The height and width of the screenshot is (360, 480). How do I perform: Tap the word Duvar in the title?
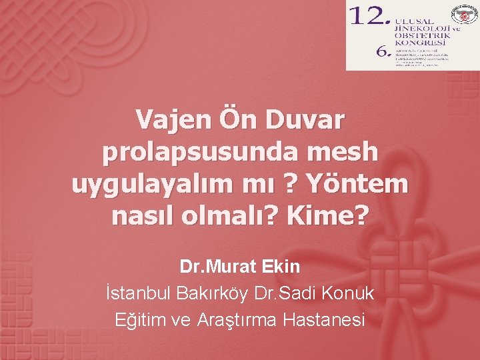click(307, 121)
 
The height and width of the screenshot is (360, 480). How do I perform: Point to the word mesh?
click(345, 153)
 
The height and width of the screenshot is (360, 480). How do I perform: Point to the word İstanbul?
click(137, 293)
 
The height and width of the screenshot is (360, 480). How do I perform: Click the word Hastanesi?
click(324, 320)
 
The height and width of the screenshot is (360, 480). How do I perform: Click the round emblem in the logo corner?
click(465, 13)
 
